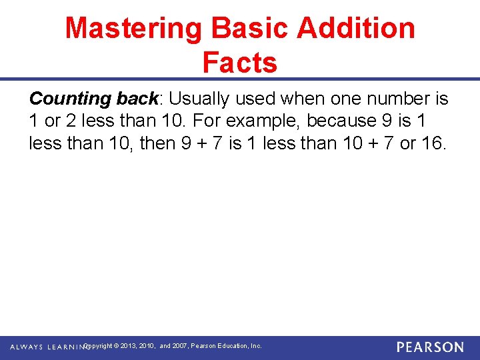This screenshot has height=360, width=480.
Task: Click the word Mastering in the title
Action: point(133,29)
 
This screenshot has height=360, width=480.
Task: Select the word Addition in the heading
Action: point(356,29)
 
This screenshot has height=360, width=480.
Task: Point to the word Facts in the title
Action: point(239,63)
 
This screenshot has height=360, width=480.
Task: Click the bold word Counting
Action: point(71,99)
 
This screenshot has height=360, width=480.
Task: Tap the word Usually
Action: point(199,99)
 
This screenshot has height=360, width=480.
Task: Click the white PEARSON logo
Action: point(430,347)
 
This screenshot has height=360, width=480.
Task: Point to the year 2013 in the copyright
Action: point(131,346)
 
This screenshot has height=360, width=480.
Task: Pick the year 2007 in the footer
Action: point(179,346)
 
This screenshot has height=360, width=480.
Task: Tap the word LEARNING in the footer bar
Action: point(65,347)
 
